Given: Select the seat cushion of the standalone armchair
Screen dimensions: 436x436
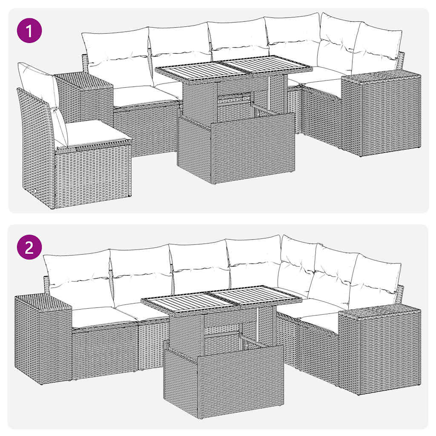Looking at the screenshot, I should pyautogui.click(x=96, y=132).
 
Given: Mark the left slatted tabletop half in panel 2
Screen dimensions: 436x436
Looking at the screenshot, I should pyautogui.click(x=183, y=302).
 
